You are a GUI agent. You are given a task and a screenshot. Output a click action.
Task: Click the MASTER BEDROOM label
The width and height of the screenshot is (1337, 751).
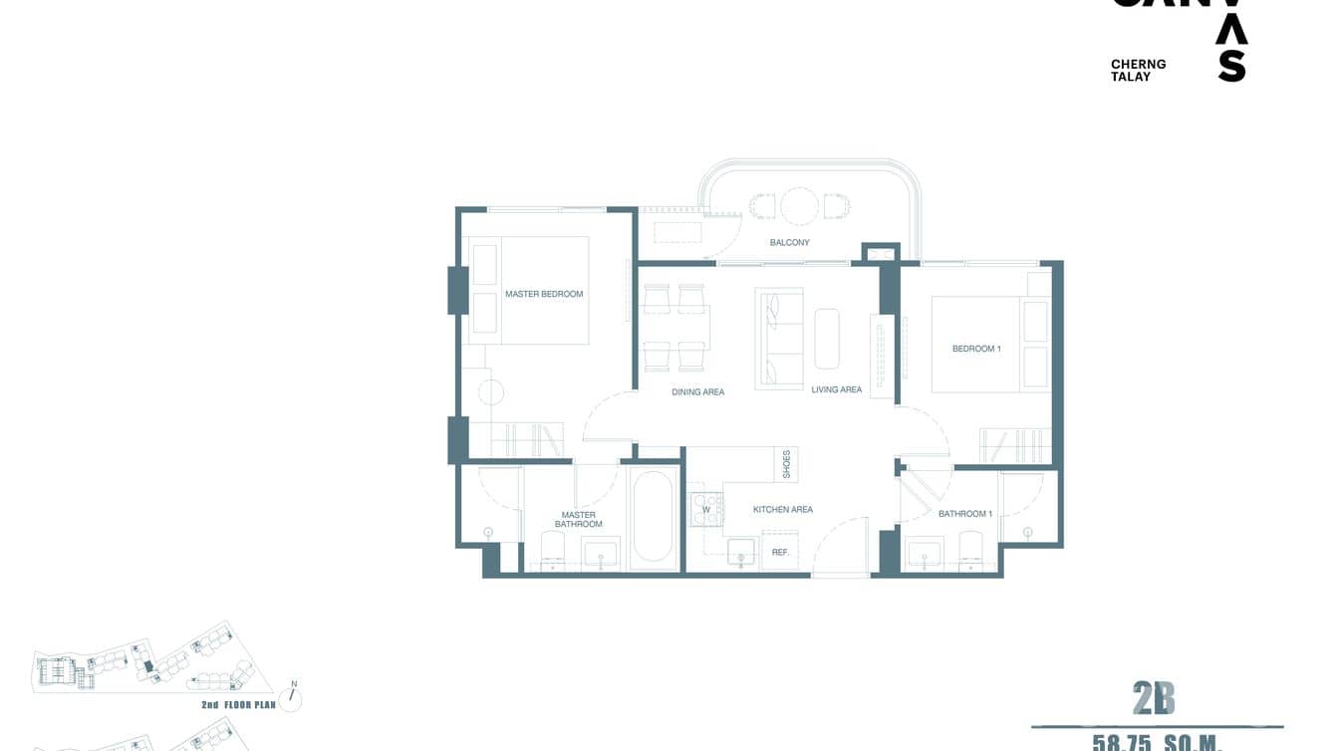(x=543, y=294)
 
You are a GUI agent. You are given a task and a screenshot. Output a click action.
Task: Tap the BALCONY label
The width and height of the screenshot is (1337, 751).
(x=789, y=243)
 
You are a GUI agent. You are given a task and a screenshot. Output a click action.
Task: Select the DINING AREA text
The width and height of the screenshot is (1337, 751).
(x=697, y=392)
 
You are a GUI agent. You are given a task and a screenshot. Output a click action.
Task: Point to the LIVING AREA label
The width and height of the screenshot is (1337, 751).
(x=836, y=389)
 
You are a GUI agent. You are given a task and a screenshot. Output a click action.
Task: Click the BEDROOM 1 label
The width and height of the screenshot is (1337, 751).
(x=975, y=349)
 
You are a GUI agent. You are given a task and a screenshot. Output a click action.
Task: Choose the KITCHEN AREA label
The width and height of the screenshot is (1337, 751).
(x=782, y=510)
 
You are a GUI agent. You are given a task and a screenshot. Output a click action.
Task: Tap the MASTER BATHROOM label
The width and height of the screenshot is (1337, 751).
(x=578, y=520)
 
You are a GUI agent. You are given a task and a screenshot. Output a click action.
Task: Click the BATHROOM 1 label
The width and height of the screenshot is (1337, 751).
(x=964, y=514)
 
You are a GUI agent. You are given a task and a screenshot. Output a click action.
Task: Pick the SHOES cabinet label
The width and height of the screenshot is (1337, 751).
(x=786, y=464)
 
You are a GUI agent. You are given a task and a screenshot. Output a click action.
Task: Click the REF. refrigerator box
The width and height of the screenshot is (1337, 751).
(x=780, y=552)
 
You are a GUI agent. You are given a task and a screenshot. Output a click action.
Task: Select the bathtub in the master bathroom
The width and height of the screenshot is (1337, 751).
(x=653, y=516)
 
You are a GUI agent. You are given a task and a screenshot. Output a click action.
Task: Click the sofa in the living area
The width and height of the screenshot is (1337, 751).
(x=779, y=339)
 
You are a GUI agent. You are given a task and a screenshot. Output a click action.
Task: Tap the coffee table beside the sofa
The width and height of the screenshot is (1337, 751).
(x=827, y=339)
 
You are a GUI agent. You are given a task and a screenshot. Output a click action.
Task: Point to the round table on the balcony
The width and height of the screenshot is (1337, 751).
(x=799, y=206)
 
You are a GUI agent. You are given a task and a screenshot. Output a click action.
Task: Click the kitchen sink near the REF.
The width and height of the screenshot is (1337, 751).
(x=740, y=551)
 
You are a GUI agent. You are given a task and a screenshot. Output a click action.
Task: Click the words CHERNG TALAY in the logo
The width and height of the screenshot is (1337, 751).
(x=1138, y=70)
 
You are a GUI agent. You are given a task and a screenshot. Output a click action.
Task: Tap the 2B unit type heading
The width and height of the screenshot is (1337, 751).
(x=1154, y=700)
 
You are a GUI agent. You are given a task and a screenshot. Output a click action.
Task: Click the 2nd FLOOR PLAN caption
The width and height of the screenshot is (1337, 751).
(x=237, y=704)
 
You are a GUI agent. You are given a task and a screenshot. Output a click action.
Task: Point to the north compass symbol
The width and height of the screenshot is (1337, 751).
(x=292, y=696)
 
